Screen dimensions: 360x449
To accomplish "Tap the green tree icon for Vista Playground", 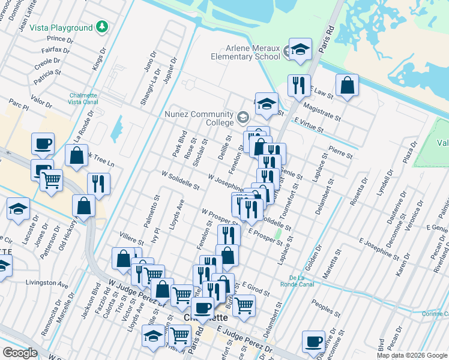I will tap(103, 27).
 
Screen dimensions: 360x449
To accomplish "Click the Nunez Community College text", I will tap(199, 118).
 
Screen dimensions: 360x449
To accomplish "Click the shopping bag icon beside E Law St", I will tap(347, 86).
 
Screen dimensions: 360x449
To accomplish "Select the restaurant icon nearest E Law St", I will tap(298, 86).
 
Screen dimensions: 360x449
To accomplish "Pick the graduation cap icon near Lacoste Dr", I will tap(19, 209).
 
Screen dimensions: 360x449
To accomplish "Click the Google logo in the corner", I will tap(20, 352).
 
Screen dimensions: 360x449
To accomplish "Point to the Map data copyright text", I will tap(412, 355).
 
